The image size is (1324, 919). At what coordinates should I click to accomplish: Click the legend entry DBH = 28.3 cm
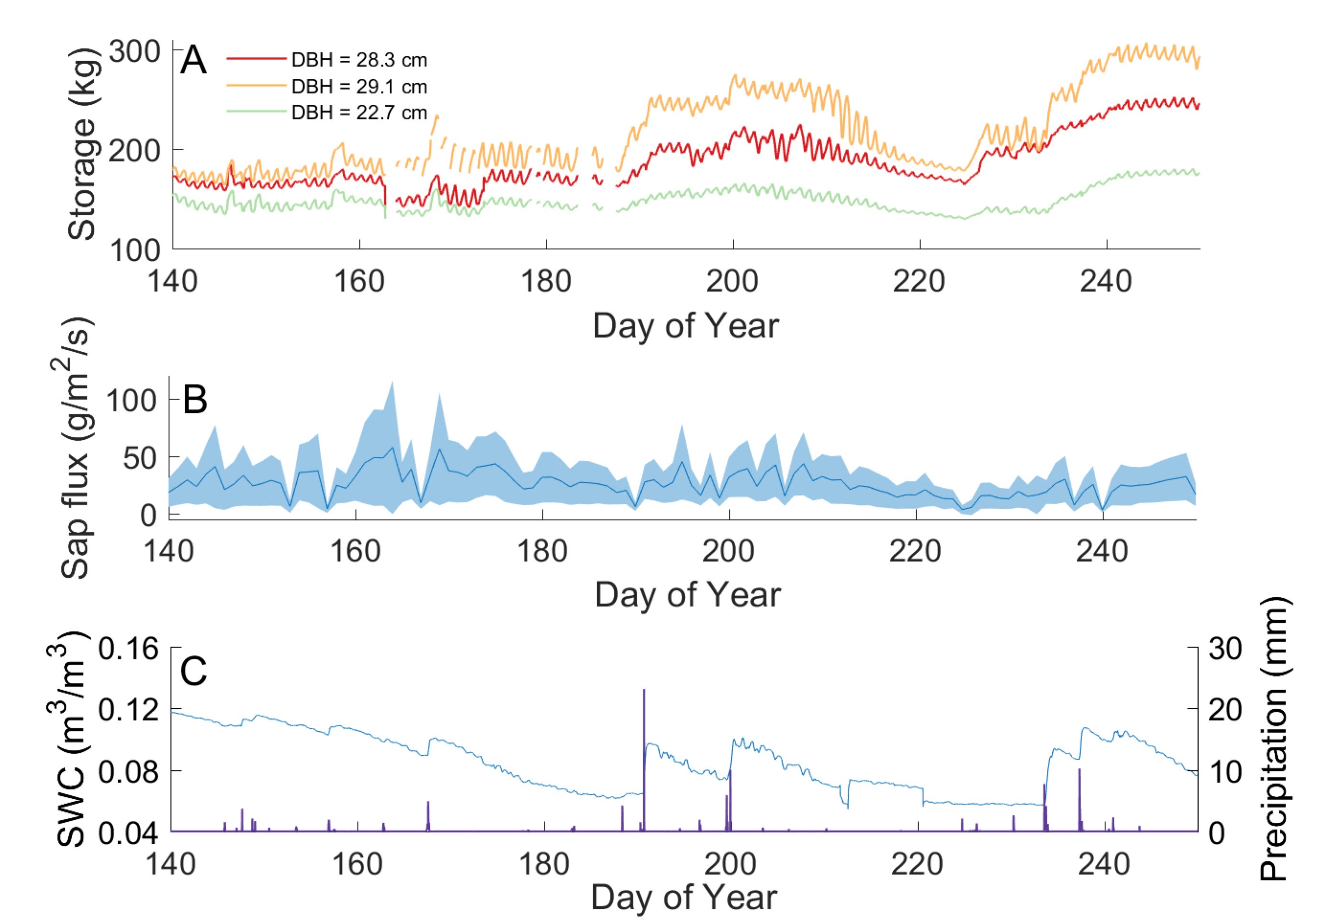[x=358, y=60]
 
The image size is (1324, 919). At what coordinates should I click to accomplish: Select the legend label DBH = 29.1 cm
[x=358, y=87]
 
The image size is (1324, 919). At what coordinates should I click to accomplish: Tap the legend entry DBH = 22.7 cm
[x=358, y=113]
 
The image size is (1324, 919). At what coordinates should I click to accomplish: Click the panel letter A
[x=193, y=60]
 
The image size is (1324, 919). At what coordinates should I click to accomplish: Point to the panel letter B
[x=195, y=400]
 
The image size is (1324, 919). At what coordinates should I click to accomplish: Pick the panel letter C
[x=193, y=671]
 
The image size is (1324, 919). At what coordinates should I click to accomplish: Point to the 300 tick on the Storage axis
[x=134, y=52]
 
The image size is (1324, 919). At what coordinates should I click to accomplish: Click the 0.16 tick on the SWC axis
[x=128, y=649]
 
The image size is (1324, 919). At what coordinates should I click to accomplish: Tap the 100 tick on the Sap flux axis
[x=131, y=401]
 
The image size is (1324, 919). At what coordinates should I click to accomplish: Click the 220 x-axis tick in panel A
[x=919, y=281]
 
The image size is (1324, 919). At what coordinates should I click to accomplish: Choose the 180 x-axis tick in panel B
[x=542, y=551]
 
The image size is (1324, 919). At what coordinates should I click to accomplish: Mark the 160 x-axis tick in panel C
[x=357, y=864]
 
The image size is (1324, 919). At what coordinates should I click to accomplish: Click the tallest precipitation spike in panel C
[x=644, y=691]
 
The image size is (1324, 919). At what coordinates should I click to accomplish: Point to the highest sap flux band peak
[x=392, y=382]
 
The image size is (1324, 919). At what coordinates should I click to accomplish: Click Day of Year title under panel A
[x=685, y=326]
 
